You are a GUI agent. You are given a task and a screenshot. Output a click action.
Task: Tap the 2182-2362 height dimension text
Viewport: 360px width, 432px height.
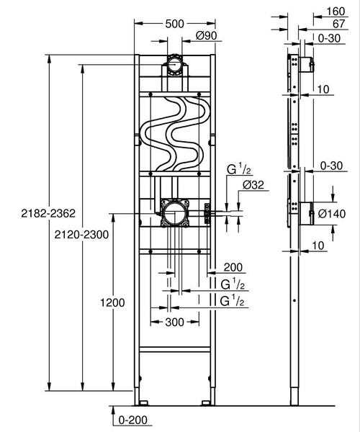click(x=27, y=214)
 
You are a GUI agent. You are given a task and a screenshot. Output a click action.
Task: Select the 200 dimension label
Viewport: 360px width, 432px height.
click(x=233, y=266)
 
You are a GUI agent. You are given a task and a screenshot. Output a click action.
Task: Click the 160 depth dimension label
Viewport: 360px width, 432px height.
click(x=336, y=11)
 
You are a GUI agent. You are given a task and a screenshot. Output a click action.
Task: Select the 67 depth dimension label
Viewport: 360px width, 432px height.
click(x=336, y=23)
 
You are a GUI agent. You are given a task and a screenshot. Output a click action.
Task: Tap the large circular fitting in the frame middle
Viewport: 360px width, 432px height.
click(x=173, y=212)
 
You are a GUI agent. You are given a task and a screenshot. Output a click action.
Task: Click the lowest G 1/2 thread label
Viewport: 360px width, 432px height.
click(x=233, y=301)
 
